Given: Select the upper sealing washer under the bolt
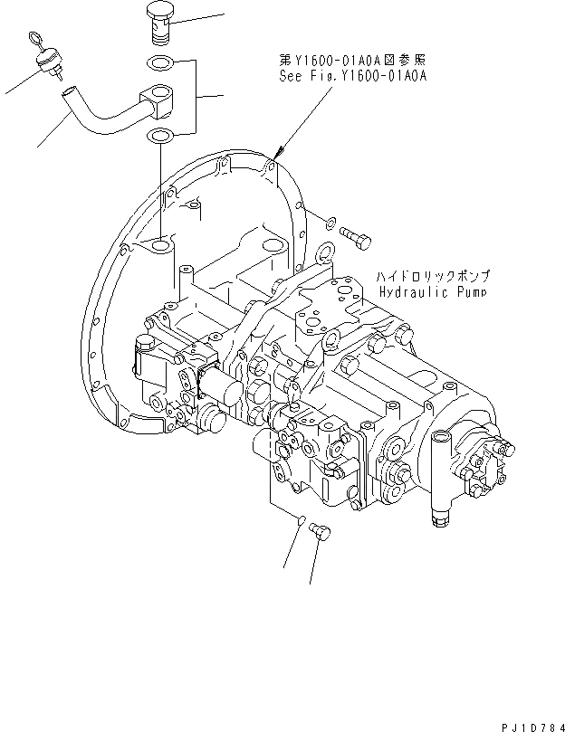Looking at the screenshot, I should (160, 64).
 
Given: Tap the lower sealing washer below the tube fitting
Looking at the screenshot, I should (160, 138).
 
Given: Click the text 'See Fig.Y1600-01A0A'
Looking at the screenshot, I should (352, 77).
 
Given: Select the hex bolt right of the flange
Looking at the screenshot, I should (354, 235).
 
